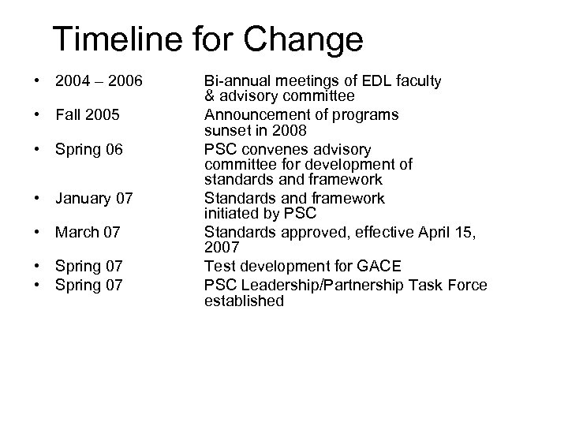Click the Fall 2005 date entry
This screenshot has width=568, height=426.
[x=88, y=115]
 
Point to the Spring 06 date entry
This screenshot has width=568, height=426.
[x=89, y=149]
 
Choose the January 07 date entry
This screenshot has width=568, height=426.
[x=94, y=199]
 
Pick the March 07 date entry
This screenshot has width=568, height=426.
[x=88, y=234]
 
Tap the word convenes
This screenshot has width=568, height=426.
[x=274, y=149]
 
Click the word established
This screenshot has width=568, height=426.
[x=244, y=301]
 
